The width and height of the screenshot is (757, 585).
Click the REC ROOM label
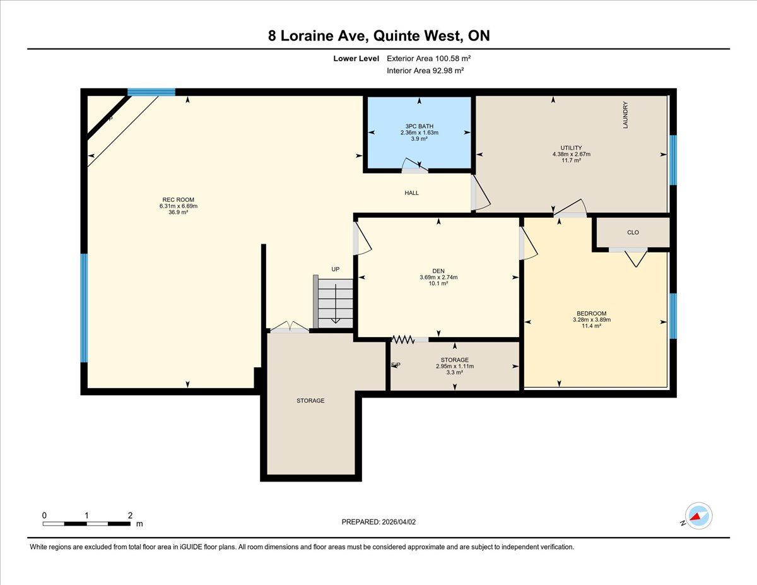178,199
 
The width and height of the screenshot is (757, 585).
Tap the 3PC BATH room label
419,126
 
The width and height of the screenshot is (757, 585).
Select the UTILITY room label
571,148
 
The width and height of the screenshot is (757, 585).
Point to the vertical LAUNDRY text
625,115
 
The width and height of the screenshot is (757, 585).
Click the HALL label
411,192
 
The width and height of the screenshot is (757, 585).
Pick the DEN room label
438,271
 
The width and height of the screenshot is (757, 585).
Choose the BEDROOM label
592,313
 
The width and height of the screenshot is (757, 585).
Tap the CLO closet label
633,232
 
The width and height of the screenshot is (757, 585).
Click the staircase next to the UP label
333,302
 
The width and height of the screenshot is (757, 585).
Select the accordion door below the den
403,339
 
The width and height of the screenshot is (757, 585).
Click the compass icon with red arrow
698,516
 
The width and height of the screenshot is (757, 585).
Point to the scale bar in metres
87,524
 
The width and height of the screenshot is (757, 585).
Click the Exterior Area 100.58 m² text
428,59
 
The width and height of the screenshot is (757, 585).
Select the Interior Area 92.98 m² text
425,71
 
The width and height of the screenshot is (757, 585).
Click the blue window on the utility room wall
673,160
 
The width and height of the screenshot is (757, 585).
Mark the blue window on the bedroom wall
673,316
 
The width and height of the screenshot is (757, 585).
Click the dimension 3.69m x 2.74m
438,277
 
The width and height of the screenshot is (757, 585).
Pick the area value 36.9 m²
178,212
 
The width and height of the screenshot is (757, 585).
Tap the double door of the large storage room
290,326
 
